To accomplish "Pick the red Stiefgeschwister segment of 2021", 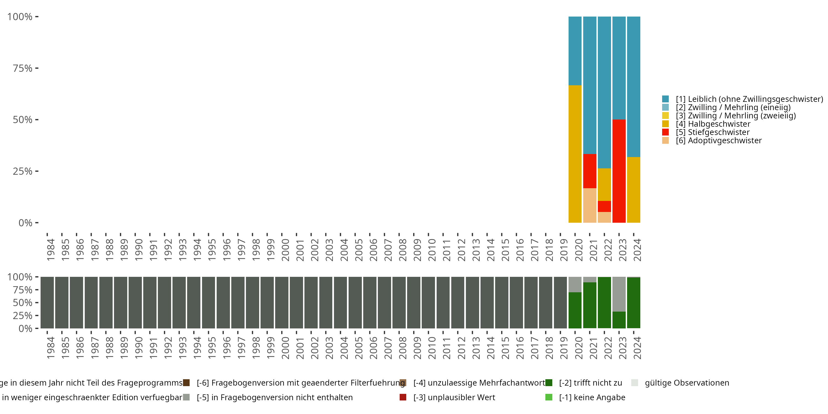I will coord(590,171).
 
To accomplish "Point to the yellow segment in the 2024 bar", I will coord(633,190).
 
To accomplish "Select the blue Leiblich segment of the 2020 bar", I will coord(575,51).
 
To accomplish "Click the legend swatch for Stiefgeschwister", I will coord(665,132).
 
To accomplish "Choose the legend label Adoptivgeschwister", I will coord(725,140).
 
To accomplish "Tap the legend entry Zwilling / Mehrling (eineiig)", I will coord(733,107).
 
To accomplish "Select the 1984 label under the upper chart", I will coord(51,250).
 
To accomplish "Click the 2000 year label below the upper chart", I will coord(285,250).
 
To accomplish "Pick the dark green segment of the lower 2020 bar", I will coord(575,310).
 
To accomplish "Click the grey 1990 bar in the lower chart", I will coord(135,302).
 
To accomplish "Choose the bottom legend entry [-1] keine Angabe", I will coord(592,397).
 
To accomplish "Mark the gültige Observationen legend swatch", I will coord(635,383).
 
